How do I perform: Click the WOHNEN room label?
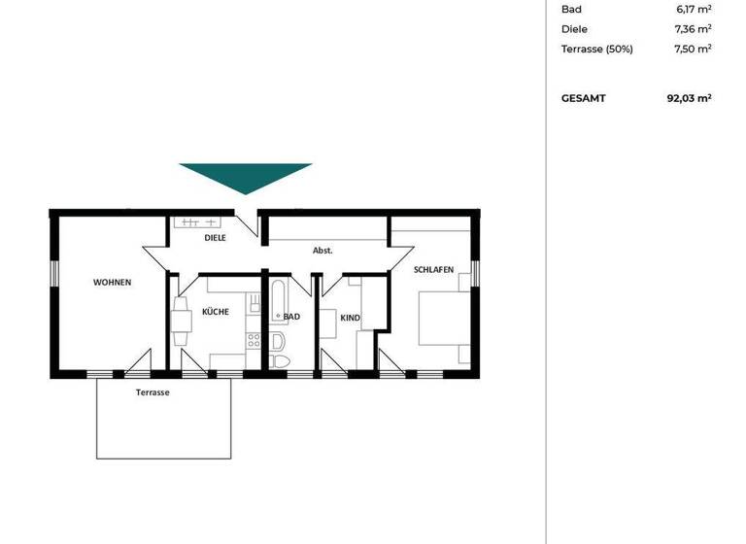click(112, 283)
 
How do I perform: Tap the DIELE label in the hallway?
click(215, 237)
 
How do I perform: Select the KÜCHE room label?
click(215, 312)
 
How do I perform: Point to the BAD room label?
click(291, 317)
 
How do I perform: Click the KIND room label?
click(351, 318)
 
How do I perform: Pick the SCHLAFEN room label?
click(433, 270)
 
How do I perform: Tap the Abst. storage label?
click(322, 251)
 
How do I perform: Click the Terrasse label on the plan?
click(153, 392)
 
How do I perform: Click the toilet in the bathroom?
click(281, 360)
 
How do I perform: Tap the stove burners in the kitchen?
click(254, 340)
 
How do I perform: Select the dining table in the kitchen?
click(181, 320)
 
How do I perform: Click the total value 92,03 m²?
click(691, 98)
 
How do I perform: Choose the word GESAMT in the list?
click(583, 98)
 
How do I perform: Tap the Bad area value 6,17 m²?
click(691, 10)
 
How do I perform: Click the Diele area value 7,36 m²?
click(691, 29)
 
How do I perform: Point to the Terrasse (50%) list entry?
click(596, 49)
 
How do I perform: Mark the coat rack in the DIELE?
click(195, 222)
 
